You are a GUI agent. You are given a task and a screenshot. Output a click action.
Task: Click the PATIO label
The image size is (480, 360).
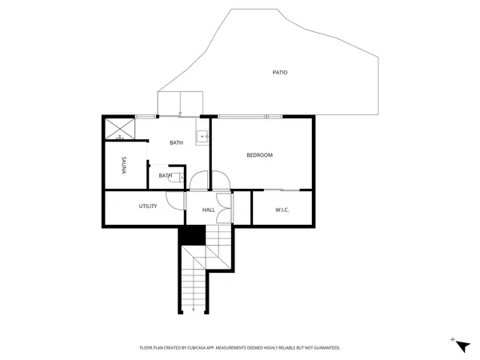click(x=279, y=73)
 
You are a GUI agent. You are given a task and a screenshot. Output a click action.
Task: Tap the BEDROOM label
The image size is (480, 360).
click(x=259, y=155)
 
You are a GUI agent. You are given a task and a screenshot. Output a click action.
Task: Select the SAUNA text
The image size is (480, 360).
click(x=123, y=166)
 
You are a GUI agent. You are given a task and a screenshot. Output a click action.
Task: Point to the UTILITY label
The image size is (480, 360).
click(x=148, y=206)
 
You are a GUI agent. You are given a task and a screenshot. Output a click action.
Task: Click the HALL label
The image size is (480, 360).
click(x=209, y=210)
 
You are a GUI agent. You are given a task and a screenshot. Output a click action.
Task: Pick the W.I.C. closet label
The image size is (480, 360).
click(x=282, y=210)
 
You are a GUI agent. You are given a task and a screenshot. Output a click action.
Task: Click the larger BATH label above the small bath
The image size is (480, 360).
click(x=177, y=143)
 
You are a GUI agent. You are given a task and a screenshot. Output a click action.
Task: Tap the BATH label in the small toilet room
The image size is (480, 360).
click(x=165, y=176)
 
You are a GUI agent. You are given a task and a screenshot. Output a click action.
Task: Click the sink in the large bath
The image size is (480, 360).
click(x=203, y=137)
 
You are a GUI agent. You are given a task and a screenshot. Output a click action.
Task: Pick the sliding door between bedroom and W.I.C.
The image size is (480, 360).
click(x=282, y=190)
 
